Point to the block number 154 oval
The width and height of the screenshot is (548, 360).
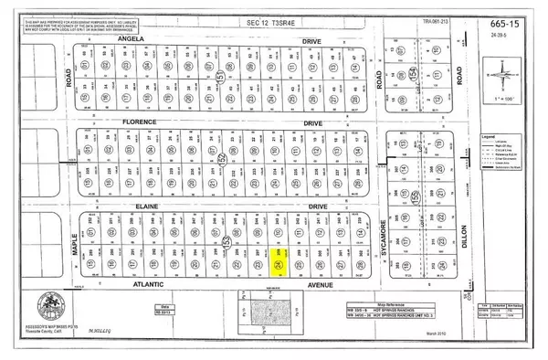412,73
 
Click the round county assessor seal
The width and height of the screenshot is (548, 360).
51,304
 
